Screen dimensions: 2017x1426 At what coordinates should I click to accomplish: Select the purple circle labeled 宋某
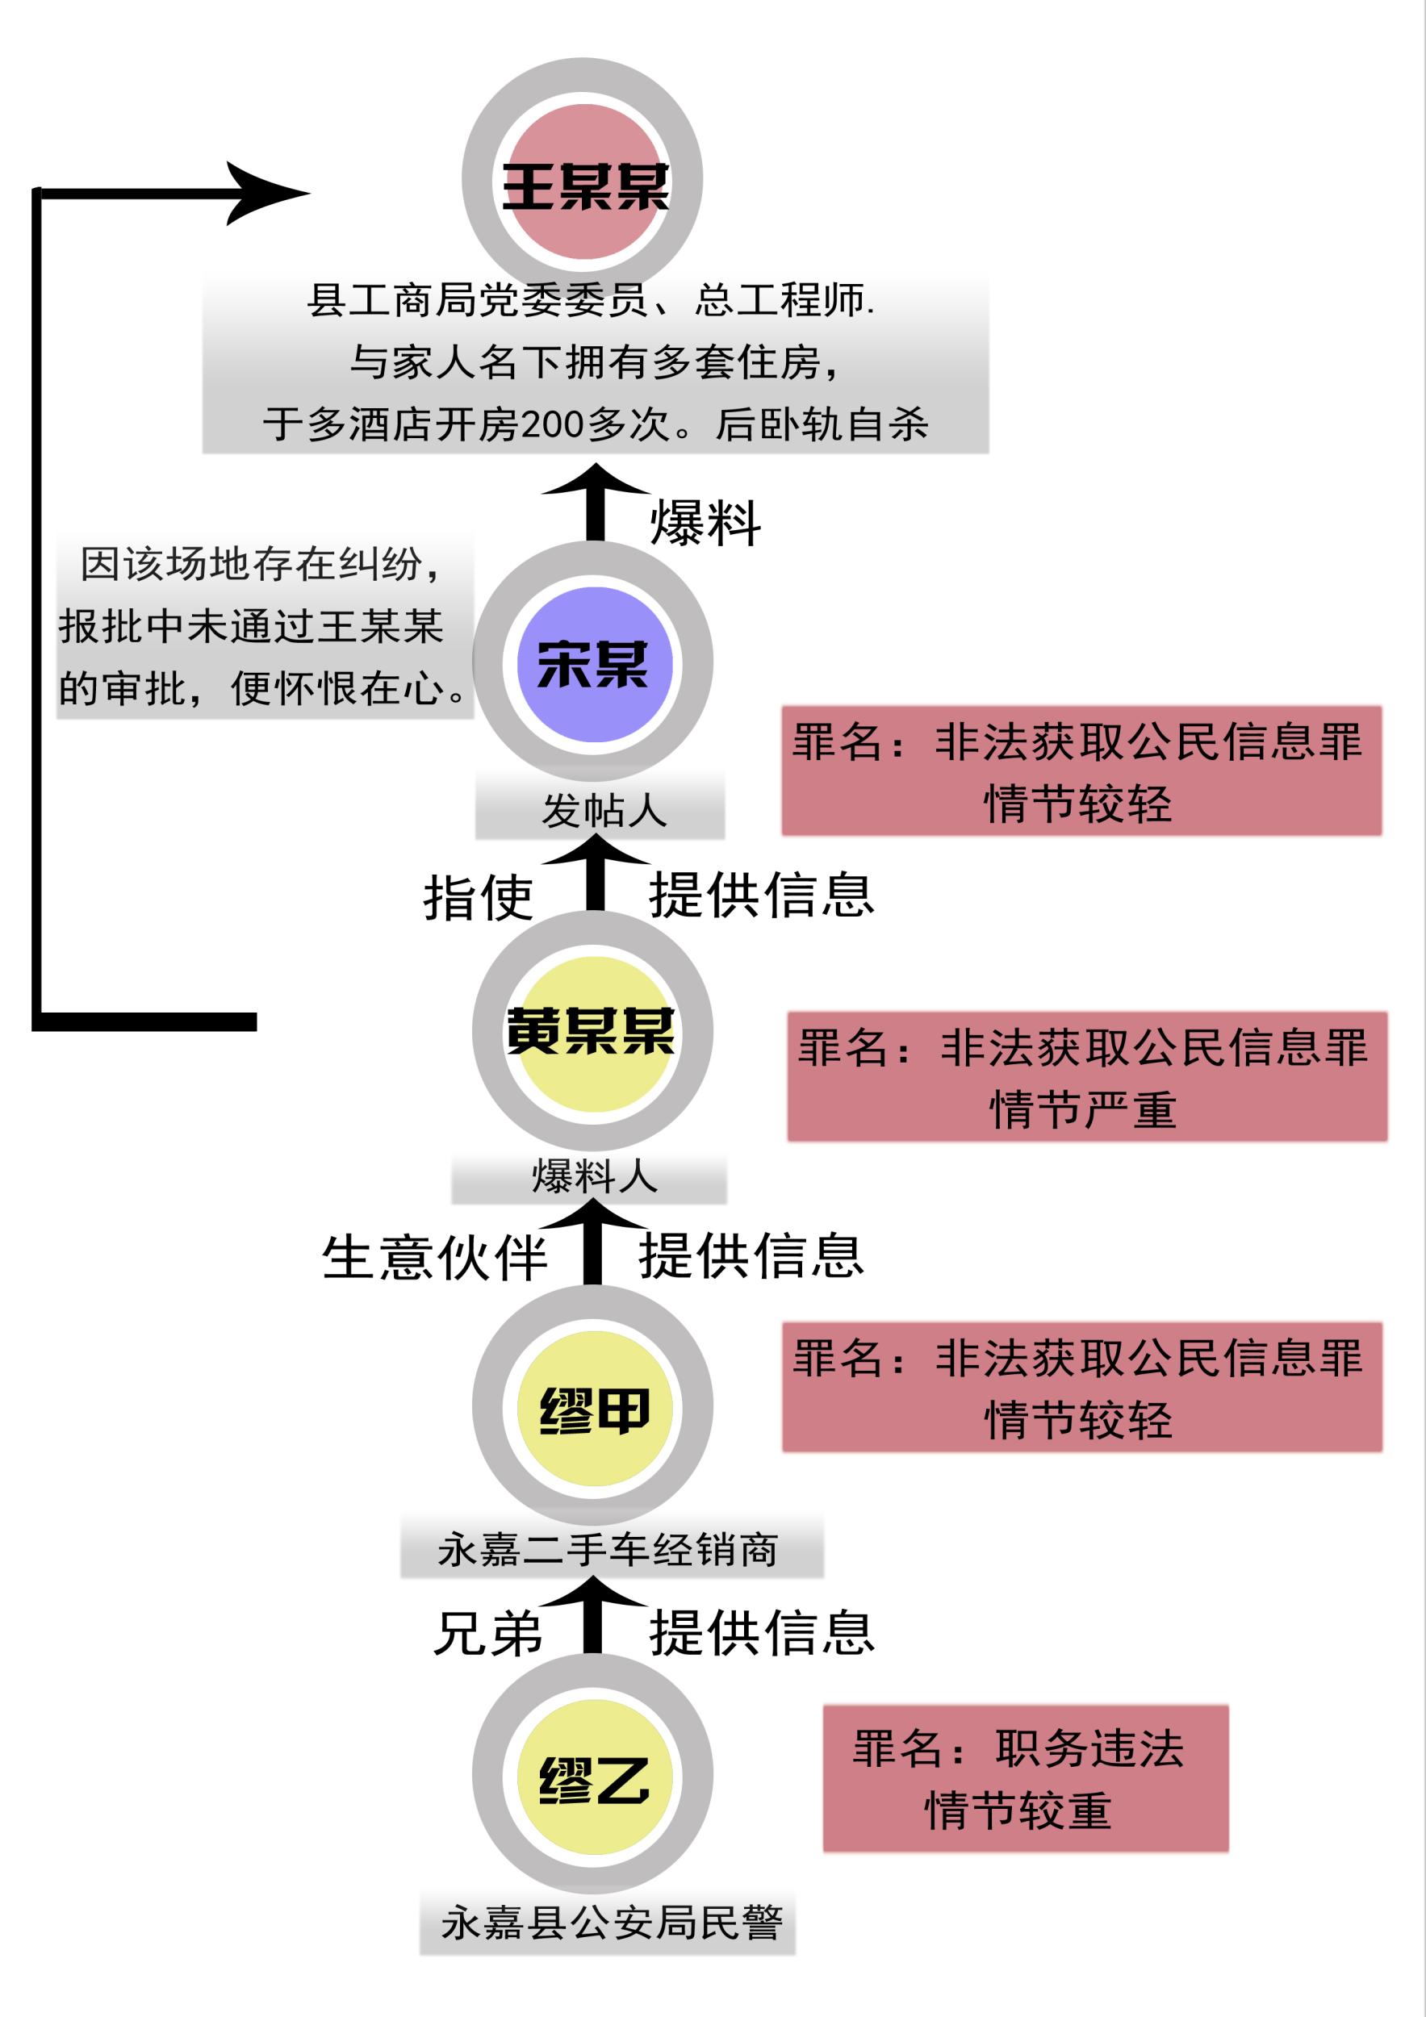(x=594, y=664)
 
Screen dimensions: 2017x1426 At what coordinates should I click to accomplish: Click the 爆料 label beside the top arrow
(x=705, y=524)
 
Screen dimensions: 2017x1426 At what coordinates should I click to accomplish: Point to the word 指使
(x=478, y=898)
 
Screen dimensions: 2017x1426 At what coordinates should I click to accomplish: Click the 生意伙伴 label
(x=434, y=1258)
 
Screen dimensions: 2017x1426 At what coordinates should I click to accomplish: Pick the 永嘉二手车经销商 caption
(x=608, y=1551)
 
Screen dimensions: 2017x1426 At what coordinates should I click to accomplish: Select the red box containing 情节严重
(x=1086, y=1077)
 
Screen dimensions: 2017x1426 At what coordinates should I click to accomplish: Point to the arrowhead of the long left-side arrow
(x=268, y=194)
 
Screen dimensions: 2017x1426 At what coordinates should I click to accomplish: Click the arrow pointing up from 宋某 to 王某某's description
(x=595, y=505)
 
